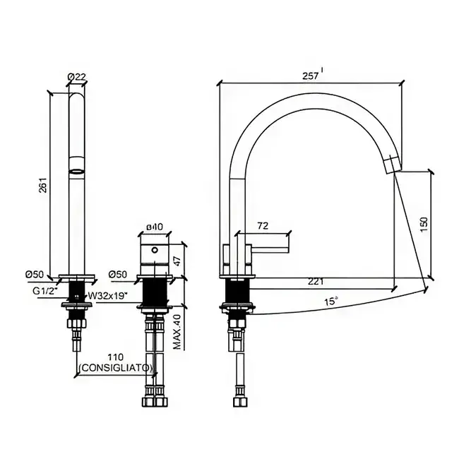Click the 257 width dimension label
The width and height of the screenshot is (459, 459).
[310, 76]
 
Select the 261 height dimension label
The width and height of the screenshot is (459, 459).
[43, 185]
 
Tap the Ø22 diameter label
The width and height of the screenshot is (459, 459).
[77, 77]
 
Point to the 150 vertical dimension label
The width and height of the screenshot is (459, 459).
[424, 225]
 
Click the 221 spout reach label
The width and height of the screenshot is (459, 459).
[316, 282]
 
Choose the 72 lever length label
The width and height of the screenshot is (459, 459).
[263, 226]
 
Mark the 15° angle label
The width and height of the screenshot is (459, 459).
[331, 302]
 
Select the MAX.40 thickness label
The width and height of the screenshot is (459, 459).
[177, 331]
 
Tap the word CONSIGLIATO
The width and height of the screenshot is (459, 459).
[116, 368]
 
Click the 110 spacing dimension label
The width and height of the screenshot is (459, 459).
[116, 357]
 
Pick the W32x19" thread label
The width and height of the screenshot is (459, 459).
[108, 296]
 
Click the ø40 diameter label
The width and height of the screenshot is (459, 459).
[155, 227]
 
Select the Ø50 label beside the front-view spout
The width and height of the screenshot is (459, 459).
[35, 274]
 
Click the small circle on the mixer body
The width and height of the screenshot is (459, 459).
[155, 250]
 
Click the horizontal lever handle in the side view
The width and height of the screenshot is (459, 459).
[270, 250]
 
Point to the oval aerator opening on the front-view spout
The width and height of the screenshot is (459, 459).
[77, 172]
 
